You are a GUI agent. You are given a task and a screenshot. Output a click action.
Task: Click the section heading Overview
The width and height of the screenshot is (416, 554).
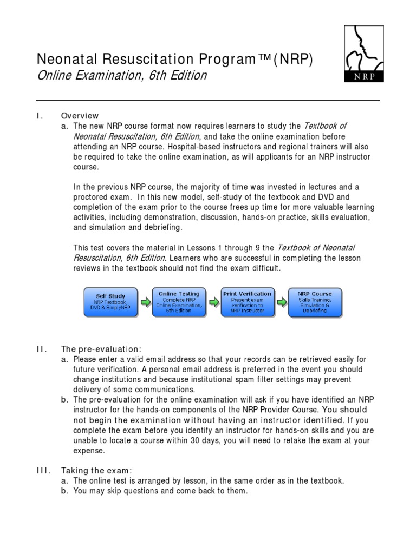(x=80, y=116)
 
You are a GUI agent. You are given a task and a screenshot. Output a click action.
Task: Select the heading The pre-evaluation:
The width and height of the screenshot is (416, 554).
(x=103, y=349)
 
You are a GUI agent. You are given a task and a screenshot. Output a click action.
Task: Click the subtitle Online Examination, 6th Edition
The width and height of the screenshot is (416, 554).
(x=121, y=76)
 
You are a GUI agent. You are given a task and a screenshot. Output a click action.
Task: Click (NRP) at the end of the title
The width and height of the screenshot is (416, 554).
(x=293, y=59)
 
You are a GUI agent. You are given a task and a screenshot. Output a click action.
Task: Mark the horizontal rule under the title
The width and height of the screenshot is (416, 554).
(x=207, y=101)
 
